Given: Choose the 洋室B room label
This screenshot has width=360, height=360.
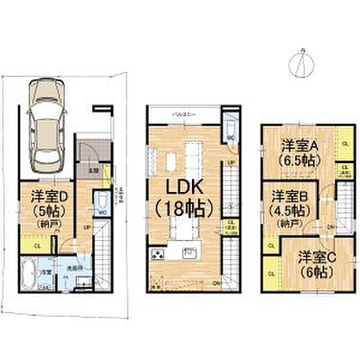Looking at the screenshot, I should click(x=290, y=196).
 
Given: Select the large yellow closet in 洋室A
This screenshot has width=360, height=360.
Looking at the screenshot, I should click(x=344, y=143).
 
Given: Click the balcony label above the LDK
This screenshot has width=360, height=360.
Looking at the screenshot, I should click(x=182, y=113).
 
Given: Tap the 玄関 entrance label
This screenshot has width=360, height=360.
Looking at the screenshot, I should click(x=94, y=170).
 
